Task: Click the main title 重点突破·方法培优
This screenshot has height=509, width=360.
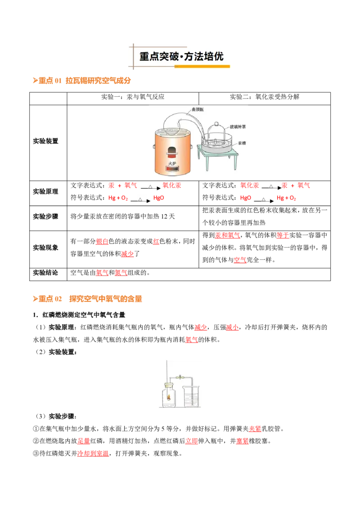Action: tap(181, 57)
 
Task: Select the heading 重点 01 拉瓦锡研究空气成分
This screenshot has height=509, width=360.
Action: tap(81, 80)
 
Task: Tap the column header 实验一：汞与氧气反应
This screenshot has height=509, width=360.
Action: tap(133, 97)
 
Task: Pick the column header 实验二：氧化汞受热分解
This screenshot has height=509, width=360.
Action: tap(265, 97)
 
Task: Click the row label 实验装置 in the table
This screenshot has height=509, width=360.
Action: tap(45, 141)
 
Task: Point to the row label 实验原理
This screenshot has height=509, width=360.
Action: tap(45, 192)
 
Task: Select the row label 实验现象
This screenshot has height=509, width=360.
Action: tap(45, 248)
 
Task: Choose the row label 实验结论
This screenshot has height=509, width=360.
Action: tap(45, 272)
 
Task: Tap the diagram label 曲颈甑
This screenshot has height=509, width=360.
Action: tap(198, 109)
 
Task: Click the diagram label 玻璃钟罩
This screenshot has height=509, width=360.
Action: tap(238, 127)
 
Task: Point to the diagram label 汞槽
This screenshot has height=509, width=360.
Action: tap(242, 143)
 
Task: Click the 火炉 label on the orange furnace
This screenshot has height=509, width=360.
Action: tap(172, 164)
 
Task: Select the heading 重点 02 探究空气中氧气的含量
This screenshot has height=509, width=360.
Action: tap(87, 299)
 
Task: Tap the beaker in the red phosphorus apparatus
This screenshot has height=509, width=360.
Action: tap(191, 396)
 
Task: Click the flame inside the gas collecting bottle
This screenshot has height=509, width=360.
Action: tap(169, 396)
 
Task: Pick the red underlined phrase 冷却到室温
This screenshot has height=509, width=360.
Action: tap(93, 454)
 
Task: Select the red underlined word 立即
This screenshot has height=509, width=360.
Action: tap(191, 441)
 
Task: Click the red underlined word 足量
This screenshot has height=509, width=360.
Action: tap(84, 441)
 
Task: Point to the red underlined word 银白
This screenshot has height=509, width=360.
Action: tap(102, 241)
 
